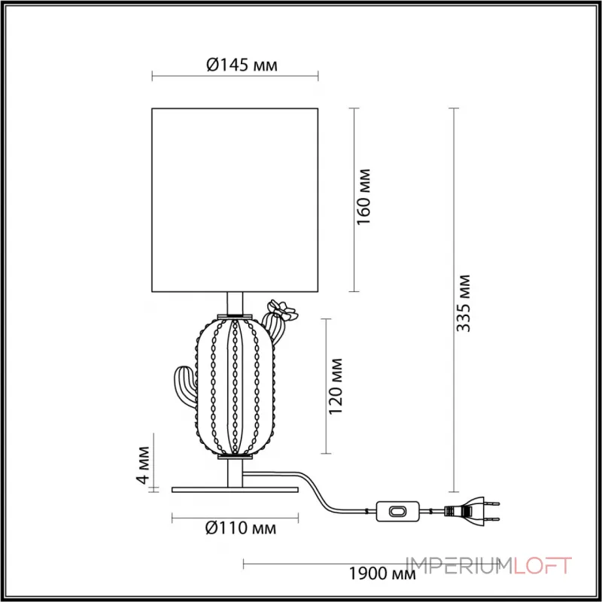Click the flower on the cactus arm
[284, 309]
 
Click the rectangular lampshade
[236, 200]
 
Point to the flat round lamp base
[236, 489]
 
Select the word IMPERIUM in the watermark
[459, 565]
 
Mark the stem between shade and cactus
[236, 303]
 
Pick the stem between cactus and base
[236, 473]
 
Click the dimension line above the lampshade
[236, 75]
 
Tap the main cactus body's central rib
[236, 387]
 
